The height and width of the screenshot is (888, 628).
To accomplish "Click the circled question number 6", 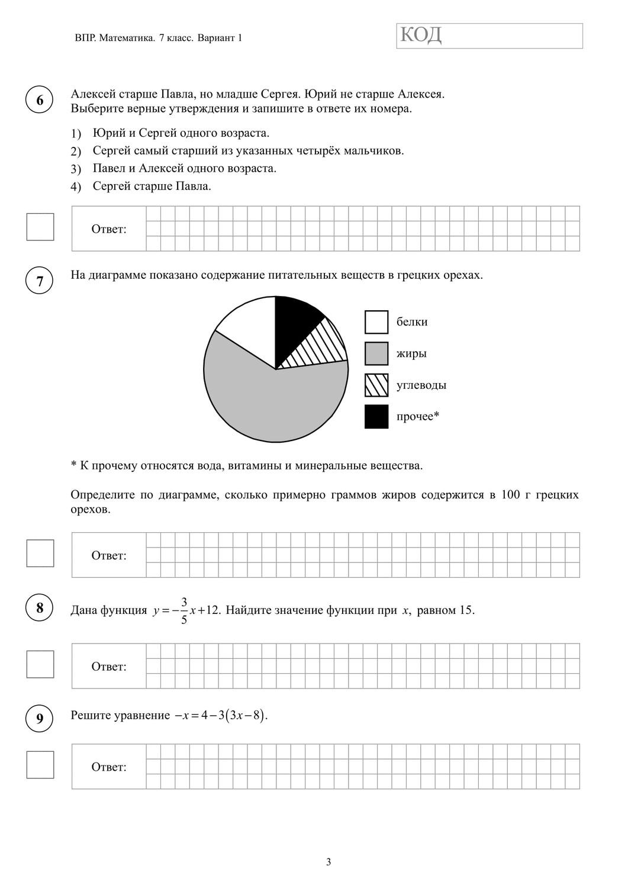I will [x=40, y=100].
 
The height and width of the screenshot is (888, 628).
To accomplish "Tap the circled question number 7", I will [x=40, y=281].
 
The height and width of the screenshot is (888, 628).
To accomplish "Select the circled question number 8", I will [x=40, y=608].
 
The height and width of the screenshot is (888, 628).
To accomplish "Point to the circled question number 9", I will [x=40, y=718].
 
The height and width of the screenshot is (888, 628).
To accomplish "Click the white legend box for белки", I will [x=376, y=322].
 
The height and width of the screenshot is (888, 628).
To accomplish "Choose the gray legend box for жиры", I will [x=376, y=353].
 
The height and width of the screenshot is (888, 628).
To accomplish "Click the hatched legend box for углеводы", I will [x=376, y=385].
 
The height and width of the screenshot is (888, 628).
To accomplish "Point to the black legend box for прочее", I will [x=376, y=416].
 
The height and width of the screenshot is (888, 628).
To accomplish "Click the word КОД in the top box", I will [x=421, y=36].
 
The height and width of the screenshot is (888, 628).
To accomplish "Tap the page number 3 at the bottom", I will [x=329, y=862].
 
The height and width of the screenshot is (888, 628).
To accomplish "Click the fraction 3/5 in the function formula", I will [x=184, y=610].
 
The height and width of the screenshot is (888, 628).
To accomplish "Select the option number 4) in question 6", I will [x=76, y=187].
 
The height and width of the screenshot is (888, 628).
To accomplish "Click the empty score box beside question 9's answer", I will [x=40, y=765].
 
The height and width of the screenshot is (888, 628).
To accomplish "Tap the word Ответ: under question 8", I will [x=109, y=667].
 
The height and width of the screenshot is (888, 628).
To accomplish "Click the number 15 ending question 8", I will [x=466, y=610].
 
